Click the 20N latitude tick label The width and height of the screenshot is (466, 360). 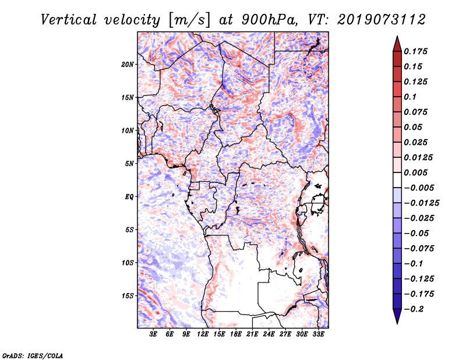coord(128,64)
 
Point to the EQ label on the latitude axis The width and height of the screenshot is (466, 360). coord(129,197)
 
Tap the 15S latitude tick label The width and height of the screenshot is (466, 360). coord(128,296)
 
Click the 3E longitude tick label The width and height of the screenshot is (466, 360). coord(154,334)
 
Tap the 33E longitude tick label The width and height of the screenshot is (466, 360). coord(319,334)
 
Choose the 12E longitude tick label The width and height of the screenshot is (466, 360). coord(203,334)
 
